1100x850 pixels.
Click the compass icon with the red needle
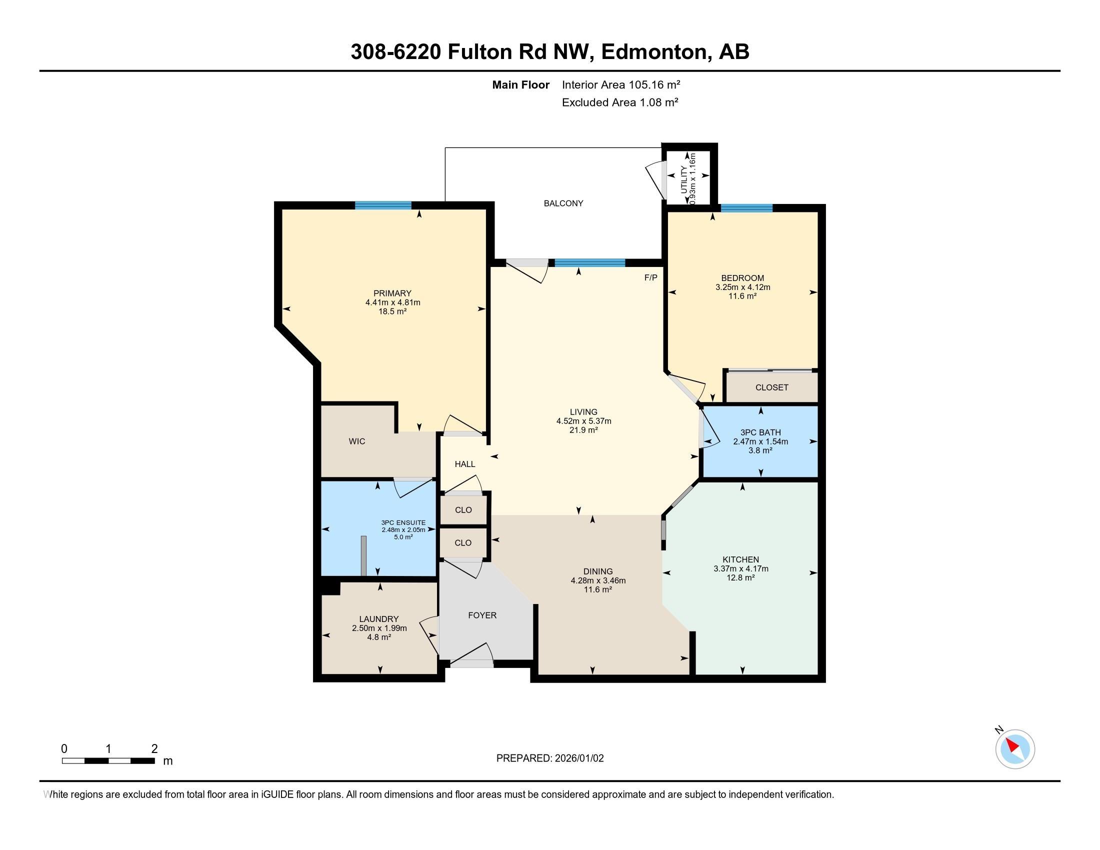pyautogui.click(x=1015, y=749)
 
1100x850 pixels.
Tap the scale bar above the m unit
pyautogui.click(x=108, y=760)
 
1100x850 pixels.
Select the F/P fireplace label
pyautogui.click(x=650, y=277)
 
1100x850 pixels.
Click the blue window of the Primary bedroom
pyautogui.click(x=383, y=205)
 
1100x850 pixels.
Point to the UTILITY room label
pyautogui.click(x=683, y=180)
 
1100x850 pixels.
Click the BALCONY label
pyautogui.click(x=563, y=203)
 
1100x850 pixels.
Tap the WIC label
pyautogui.click(x=356, y=441)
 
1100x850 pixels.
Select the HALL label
pyautogui.click(x=465, y=464)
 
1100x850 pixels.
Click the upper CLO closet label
pyautogui.click(x=463, y=510)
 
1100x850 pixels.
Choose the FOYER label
pyautogui.click(x=482, y=615)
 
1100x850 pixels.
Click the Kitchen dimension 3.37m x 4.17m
pyautogui.click(x=740, y=569)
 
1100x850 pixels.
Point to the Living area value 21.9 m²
pyautogui.click(x=583, y=430)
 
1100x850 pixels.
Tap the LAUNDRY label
pyautogui.click(x=379, y=619)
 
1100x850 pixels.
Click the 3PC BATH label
pyautogui.click(x=760, y=432)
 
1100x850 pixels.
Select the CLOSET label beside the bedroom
pyautogui.click(x=771, y=387)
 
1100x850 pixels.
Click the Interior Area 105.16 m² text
pyautogui.click(x=621, y=84)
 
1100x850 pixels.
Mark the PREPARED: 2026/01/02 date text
pyautogui.click(x=549, y=758)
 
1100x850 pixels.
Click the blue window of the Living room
pyautogui.click(x=590, y=262)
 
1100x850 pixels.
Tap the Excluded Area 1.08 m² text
pyautogui.click(x=620, y=102)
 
